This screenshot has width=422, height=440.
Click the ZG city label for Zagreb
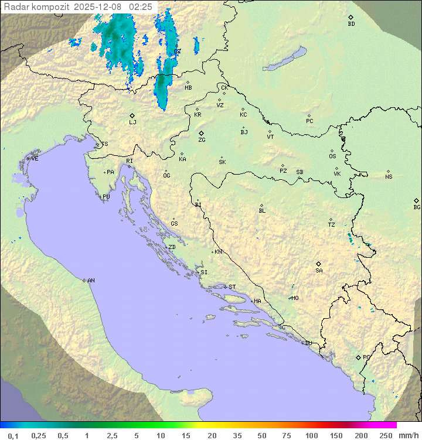click(x=202, y=141)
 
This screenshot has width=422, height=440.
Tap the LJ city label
click(x=132, y=122)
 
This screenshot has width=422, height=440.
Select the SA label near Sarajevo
click(x=319, y=271)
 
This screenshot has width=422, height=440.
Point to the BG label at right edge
click(x=417, y=207)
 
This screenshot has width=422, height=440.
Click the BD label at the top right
click(x=351, y=24)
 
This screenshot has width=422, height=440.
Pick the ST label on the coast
click(x=232, y=287)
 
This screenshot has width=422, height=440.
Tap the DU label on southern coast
click(x=308, y=343)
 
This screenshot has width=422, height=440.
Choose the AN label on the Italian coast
click(x=91, y=281)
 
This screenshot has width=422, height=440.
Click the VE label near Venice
click(x=35, y=159)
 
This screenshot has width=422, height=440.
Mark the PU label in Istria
click(x=106, y=197)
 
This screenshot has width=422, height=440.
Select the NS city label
click(x=389, y=177)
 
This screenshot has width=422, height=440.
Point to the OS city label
click(x=332, y=156)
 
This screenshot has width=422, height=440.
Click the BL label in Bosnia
click(x=262, y=211)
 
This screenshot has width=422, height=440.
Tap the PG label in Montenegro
click(x=366, y=357)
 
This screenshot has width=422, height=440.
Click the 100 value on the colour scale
click(x=311, y=435)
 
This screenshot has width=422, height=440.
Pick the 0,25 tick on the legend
click(x=39, y=435)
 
